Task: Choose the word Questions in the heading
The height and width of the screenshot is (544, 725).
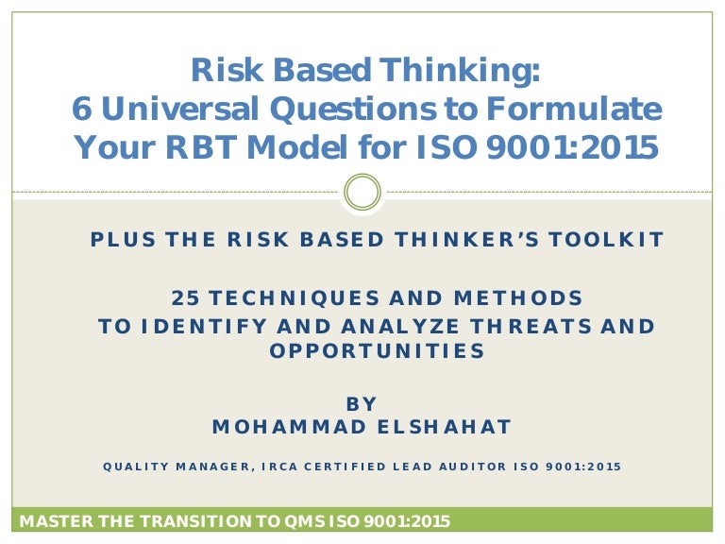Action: [x=348, y=110]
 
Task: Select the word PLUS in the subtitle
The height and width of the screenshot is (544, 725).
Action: [x=119, y=240]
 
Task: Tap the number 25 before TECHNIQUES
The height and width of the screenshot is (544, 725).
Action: [x=183, y=298]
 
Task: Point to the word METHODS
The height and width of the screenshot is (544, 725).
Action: [x=524, y=298]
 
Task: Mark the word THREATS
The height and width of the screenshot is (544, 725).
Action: [x=538, y=327]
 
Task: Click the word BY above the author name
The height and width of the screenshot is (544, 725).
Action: [x=362, y=404]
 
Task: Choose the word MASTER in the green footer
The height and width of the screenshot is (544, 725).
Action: [x=55, y=520]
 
